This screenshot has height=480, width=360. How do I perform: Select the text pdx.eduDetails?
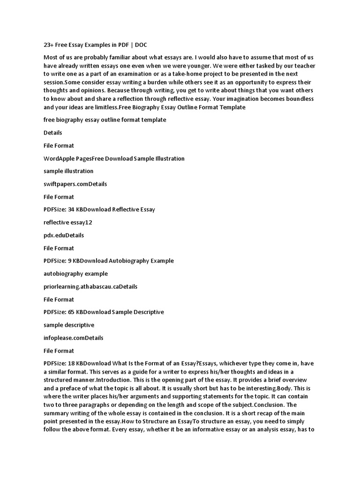point(64,235)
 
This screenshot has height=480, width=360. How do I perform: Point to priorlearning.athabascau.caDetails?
point(90,286)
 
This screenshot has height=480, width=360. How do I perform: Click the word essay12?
point(82,222)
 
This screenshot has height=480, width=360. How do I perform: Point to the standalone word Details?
point(53,133)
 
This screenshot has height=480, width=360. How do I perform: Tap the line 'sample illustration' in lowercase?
point(68,171)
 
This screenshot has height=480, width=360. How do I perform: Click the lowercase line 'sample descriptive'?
point(69,324)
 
